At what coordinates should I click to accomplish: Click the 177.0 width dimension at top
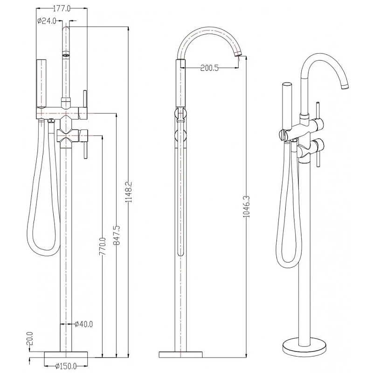click(62, 9)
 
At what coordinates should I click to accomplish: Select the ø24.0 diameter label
click(47, 21)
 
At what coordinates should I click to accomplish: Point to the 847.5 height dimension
click(117, 235)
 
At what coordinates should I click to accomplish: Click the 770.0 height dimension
click(103, 246)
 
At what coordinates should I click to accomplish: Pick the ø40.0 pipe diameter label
click(83, 324)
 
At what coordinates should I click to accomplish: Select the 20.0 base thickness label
click(30, 338)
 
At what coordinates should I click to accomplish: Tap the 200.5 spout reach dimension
click(209, 68)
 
